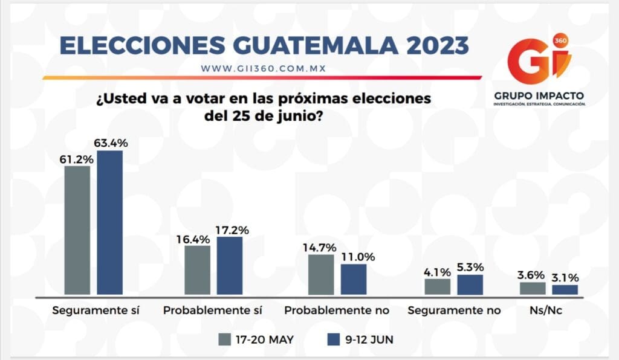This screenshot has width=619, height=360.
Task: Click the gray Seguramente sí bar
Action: point(77,230)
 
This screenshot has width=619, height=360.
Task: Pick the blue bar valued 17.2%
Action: point(230,266)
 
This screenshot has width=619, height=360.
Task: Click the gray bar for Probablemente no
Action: point(321,275)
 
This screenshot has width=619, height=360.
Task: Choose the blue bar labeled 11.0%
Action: point(354,279)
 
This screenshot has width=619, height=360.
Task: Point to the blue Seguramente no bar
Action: point(470,285)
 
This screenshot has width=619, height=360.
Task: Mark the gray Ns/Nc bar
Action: point(533,288)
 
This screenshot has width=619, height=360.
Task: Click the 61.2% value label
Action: point(77,159)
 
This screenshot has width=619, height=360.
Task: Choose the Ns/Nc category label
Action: point(548,310)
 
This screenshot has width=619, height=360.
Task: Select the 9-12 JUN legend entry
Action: point(360,339)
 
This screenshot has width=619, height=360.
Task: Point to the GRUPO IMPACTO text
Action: point(539,96)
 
